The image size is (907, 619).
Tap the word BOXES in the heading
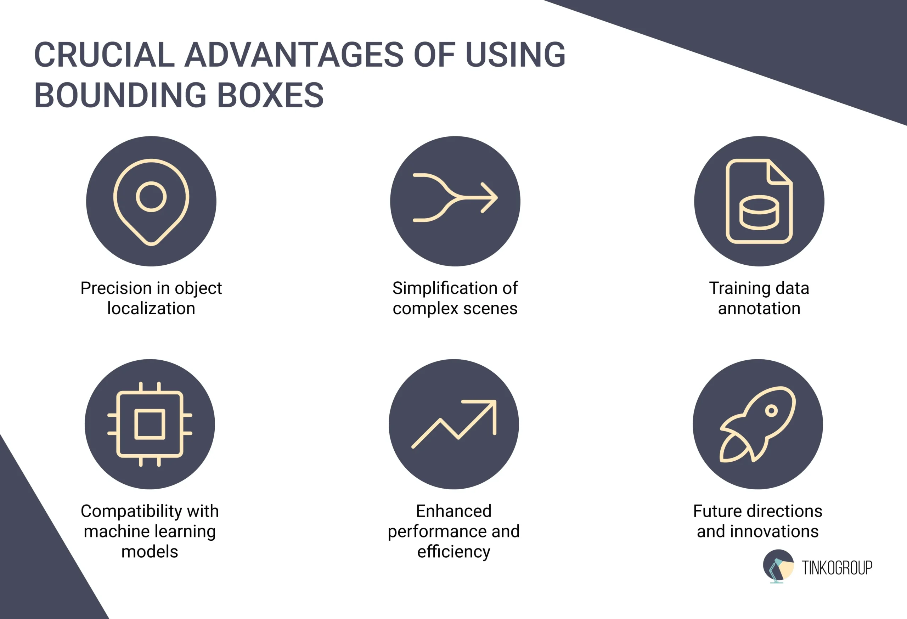click(270, 95)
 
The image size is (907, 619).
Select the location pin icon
click(151, 201)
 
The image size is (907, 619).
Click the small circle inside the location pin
click(151, 197)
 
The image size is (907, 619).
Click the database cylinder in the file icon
click(759, 213)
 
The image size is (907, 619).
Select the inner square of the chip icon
click(150, 424)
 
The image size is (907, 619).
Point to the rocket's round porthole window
click(771, 411)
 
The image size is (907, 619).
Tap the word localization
click(151, 309)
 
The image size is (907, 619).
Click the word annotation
click(759, 309)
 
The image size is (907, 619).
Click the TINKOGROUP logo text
click(837, 568)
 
